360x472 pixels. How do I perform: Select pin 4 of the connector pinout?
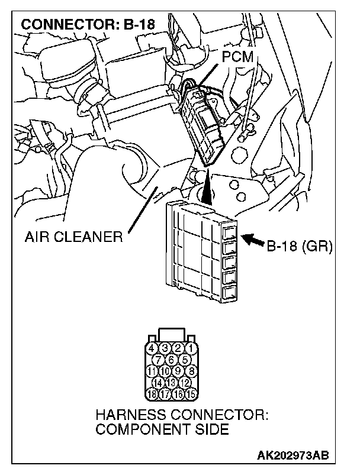tap(152, 348)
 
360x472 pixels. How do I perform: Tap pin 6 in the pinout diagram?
tap(171, 359)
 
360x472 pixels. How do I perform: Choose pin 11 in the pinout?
tap(152, 371)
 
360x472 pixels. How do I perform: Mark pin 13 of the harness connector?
tap(171, 382)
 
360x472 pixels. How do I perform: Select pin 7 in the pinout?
tap(159, 359)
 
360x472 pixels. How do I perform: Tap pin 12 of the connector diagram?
tap(183, 382)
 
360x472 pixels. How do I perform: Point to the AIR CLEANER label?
tap(73, 237)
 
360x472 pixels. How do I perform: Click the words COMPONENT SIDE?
tap(162, 429)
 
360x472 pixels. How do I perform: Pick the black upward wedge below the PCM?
tap(207, 190)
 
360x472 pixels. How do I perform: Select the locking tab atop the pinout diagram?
tap(171, 334)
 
